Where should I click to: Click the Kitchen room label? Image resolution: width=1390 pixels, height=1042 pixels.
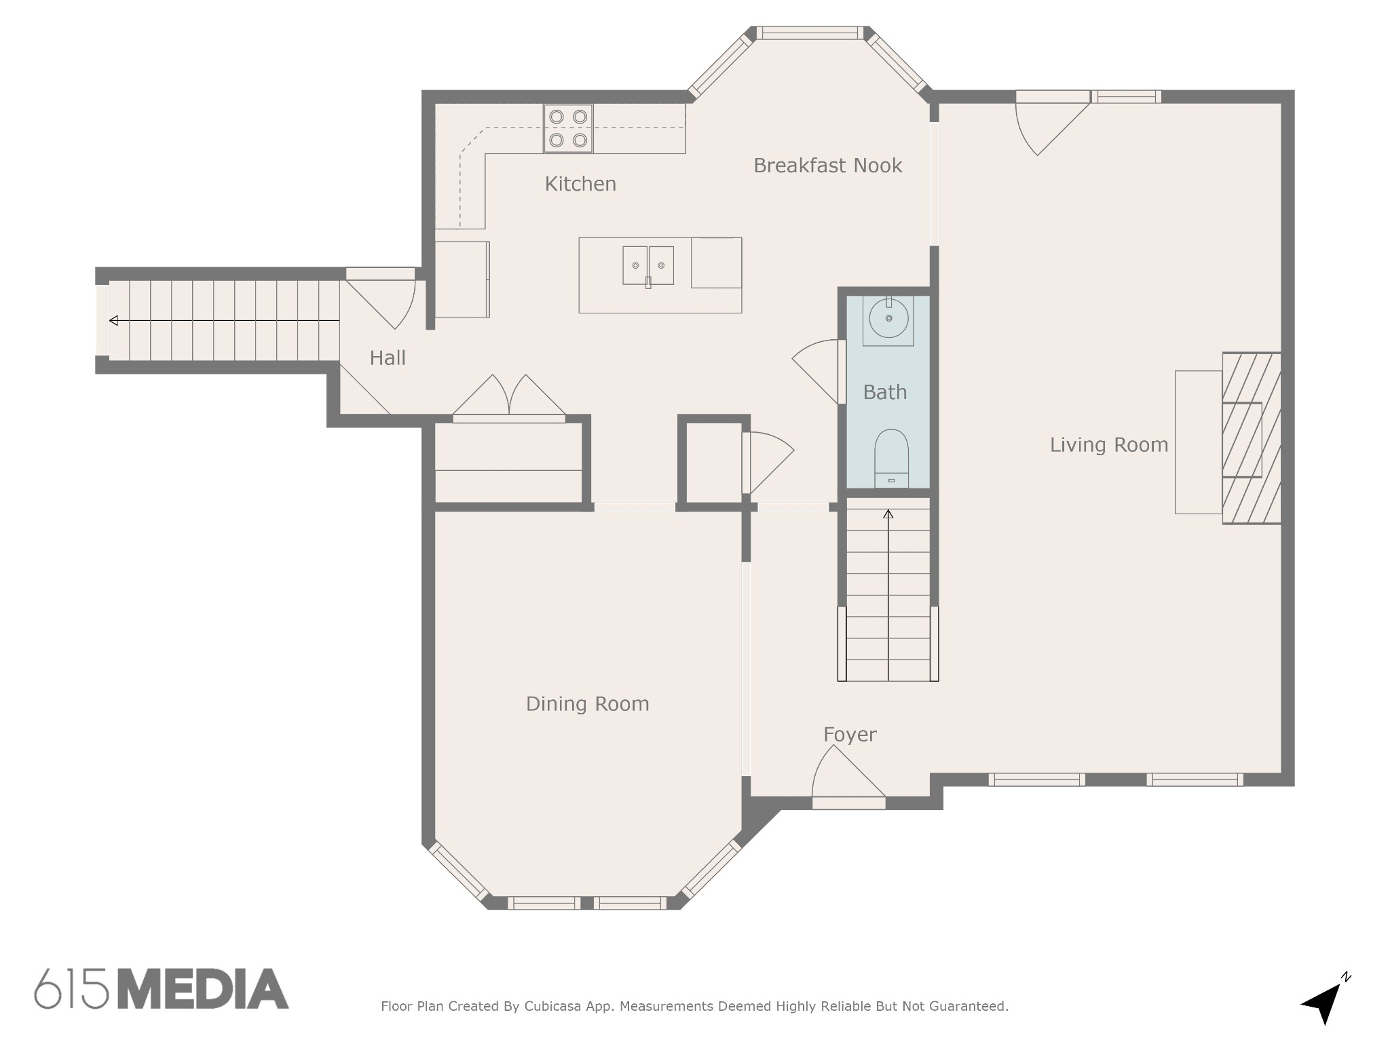point(580,184)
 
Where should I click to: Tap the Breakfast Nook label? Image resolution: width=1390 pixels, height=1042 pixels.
point(827,166)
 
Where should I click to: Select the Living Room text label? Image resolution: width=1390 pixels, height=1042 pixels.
point(1109,445)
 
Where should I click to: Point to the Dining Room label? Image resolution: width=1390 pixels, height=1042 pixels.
point(588,704)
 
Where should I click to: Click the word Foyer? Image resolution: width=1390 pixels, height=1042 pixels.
point(850,735)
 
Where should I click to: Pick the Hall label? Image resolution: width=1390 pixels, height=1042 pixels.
point(388,358)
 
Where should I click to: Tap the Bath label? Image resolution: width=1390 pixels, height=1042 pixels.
point(885,392)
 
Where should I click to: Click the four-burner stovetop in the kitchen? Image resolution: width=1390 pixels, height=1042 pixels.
point(568,128)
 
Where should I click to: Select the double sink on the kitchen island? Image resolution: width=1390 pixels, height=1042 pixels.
point(648,265)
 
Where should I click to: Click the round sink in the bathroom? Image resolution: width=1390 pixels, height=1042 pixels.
point(888,318)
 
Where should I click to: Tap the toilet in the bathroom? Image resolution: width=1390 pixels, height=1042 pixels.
point(891,459)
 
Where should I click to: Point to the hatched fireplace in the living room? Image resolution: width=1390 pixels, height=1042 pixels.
point(1251,438)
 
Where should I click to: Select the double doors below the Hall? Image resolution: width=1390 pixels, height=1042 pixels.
point(509,398)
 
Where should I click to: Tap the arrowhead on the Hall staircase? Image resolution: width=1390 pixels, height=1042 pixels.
point(113,320)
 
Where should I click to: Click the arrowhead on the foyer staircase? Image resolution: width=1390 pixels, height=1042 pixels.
point(888,514)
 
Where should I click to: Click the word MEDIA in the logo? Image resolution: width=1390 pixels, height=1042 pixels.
point(203,989)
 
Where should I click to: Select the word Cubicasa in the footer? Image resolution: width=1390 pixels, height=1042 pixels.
point(552,1007)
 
